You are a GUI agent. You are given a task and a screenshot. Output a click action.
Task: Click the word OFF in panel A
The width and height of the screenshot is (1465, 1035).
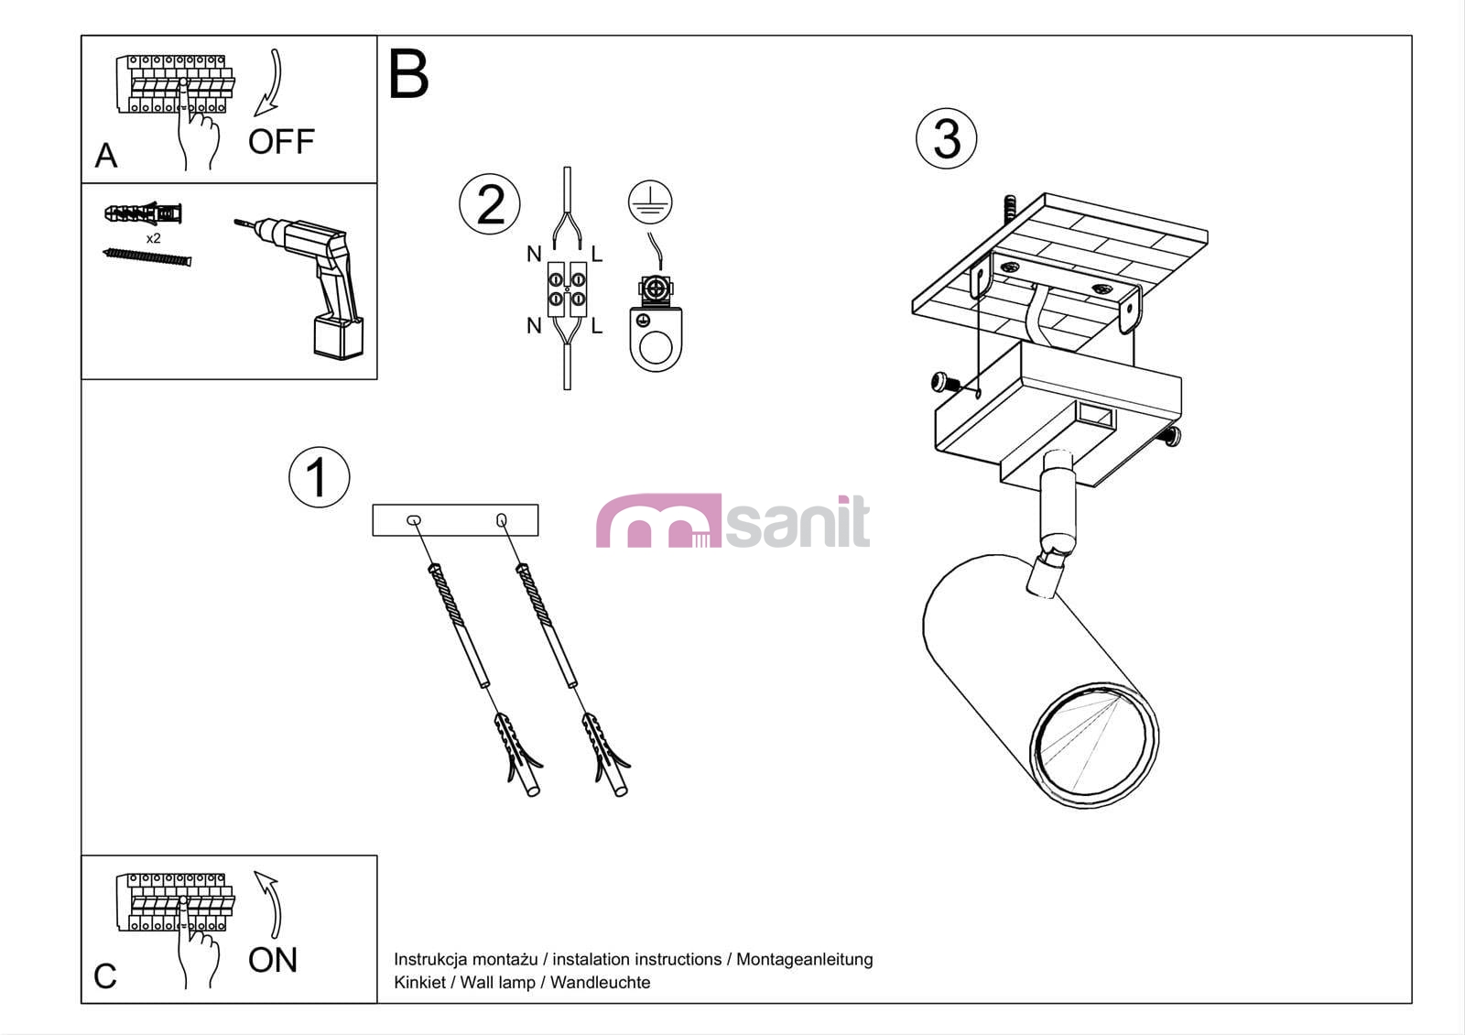click(x=281, y=141)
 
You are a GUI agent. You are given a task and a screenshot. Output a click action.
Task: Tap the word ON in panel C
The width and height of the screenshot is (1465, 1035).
click(x=273, y=960)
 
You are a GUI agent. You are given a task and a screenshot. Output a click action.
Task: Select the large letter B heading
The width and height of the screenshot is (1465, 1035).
click(x=408, y=73)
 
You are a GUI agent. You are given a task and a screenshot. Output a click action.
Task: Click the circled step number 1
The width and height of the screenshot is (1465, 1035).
click(x=320, y=477)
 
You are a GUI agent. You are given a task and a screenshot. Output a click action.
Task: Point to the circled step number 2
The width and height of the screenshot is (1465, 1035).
click(x=490, y=204)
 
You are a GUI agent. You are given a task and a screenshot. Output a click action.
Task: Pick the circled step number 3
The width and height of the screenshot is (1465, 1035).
click(x=947, y=138)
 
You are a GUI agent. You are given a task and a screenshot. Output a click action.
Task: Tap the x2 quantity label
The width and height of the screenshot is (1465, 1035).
click(x=153, y=238)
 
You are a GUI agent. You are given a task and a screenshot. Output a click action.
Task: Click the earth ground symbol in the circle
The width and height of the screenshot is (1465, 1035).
click(x=650, y=202)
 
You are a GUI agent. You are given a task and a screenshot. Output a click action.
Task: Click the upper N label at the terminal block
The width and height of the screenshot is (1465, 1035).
click(x=535, y=254)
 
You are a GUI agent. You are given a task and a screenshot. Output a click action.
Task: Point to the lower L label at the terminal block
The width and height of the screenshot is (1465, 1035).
click(x=596, y=325)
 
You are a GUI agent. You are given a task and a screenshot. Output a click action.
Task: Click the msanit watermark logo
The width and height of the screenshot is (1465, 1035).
click(x=732, y=521)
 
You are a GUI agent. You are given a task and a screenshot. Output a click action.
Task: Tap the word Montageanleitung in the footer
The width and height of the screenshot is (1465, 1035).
click(x=805, y=959)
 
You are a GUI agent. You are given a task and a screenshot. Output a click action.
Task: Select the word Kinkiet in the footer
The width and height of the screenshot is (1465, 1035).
click(x=419, y=982)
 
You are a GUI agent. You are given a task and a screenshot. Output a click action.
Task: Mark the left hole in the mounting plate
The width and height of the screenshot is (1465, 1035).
click(x=413, y=520)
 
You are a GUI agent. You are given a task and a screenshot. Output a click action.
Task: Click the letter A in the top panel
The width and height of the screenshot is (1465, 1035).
click(x=106, y=156)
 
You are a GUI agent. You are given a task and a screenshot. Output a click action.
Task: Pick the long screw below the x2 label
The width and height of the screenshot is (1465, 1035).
click(x=147, y=257)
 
